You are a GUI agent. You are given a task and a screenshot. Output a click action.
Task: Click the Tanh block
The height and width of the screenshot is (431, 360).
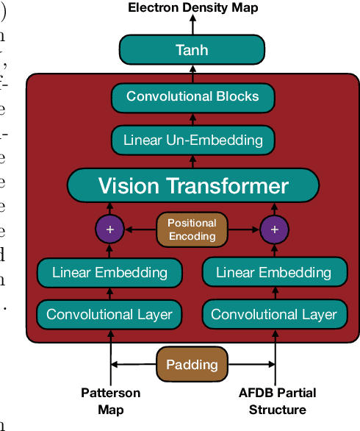(192, 50)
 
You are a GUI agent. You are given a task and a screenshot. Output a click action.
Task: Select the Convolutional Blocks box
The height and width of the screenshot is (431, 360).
(192, 96)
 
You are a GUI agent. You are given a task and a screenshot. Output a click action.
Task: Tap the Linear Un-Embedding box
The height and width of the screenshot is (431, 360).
(193, 139)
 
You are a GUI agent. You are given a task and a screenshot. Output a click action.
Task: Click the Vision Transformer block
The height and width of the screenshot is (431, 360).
(193, 185)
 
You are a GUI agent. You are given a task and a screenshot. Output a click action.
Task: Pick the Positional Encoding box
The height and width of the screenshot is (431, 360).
(192, 229)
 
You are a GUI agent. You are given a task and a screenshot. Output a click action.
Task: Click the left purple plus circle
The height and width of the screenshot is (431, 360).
(110, 229)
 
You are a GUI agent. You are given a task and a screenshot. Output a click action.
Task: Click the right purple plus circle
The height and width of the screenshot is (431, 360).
(275, 229)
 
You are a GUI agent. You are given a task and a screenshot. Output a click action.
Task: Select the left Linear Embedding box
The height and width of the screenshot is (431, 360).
(109, 272)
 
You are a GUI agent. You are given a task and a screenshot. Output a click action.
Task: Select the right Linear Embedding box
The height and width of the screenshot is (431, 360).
(274, 272)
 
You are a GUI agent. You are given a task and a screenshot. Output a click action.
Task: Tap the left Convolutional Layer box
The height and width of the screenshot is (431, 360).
(109, 314)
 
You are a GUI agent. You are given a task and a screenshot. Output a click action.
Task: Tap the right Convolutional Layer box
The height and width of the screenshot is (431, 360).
(274, 314)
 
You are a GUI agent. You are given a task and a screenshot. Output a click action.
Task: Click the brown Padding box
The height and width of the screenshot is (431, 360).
(192, 364)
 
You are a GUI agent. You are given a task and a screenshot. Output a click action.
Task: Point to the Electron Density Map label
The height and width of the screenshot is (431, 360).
(193, 8)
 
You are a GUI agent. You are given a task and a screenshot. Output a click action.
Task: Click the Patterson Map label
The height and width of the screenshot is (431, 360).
(110, 402)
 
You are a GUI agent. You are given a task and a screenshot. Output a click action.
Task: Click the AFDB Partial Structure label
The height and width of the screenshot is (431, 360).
(274, 402)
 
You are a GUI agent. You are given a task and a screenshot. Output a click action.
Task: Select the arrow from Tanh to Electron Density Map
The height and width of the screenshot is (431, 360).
(192, 26)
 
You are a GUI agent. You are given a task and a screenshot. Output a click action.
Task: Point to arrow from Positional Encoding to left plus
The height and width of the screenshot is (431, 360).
(140, 229)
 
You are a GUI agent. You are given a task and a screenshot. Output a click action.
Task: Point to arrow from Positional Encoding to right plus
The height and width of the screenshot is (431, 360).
(243, 229)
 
